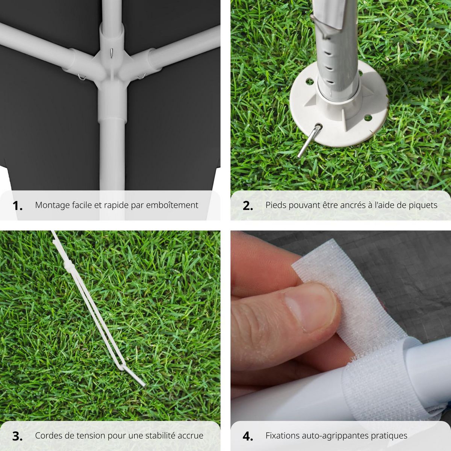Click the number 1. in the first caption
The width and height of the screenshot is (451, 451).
tap(17, 206)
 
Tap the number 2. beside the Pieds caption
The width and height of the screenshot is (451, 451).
tap(248, 206)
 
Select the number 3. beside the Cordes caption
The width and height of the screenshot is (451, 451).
tap(17, 430)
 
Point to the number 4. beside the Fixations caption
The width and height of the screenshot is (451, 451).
tap(248, 430)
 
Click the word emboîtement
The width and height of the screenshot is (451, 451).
tap(172, 205)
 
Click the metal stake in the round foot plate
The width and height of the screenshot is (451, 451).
tap(309, 141)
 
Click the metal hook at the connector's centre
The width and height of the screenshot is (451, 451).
tap(112, 53)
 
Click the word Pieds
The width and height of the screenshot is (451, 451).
tap(276, 205)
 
